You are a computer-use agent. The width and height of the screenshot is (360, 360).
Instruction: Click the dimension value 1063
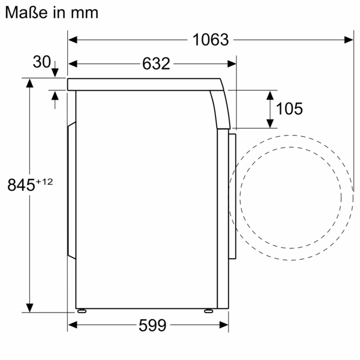pyautogui.click(x=211, y=40)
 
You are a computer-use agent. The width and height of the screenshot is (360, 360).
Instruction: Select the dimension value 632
pyautogui.click(x=157, y=64)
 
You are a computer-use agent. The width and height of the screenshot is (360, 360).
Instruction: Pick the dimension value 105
pyautogui.click(x=289, y=109)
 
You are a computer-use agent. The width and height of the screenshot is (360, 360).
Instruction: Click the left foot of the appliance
pyautogui.click(x=81, y=311)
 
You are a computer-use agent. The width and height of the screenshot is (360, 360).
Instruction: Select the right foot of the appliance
pyautogui.click(x=208, y=311)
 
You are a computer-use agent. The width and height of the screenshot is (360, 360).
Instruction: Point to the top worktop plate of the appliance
pyautogui.click(x=144, y=84)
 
